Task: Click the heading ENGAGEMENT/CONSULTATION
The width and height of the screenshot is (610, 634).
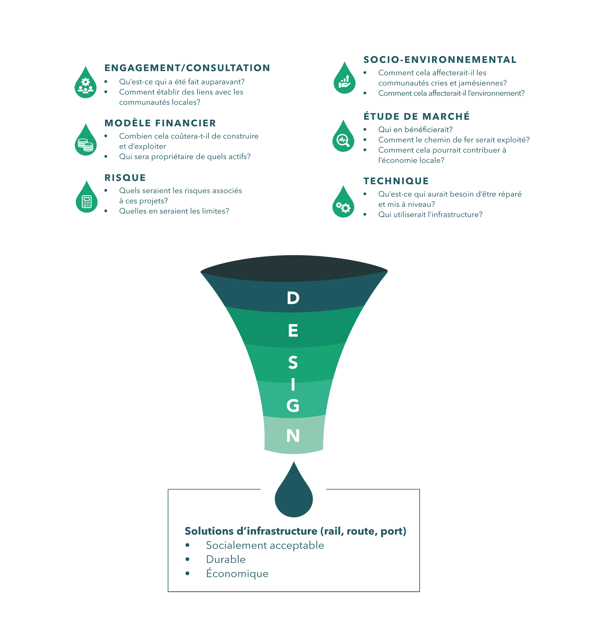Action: [187, 68]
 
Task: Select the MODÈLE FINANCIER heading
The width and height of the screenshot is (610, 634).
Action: [160, 123]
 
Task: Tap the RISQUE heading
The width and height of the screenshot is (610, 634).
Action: [125, 178]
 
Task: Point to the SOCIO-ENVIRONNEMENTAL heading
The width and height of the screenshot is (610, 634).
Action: [440, 59]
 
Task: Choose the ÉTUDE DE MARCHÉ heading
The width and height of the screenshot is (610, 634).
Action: [416, 116]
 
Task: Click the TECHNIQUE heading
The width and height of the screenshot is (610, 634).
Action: [396, 181]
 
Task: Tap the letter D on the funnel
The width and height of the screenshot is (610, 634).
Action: [293, 298]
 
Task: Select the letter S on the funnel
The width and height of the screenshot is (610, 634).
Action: [293, 362]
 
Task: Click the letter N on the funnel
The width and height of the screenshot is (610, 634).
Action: [293, 435]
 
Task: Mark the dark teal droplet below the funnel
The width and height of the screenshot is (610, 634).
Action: [294, 490]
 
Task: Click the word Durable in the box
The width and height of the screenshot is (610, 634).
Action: [226, 559]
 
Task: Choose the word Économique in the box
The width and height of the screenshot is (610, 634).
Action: [237, 573]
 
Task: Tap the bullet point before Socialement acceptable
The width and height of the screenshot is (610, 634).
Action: [187, 546]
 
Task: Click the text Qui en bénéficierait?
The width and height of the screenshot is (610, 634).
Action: [416, 129]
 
